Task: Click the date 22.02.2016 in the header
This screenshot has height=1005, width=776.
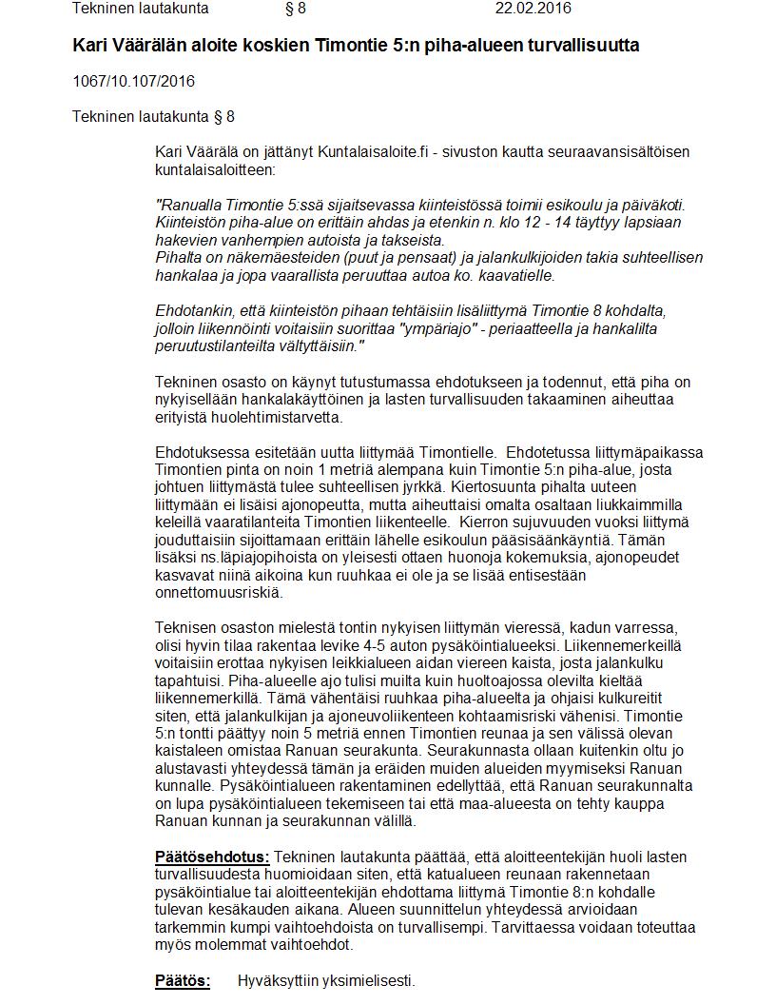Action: tap(533, 10)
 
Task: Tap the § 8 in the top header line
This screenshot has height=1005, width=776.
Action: tap(296, 10)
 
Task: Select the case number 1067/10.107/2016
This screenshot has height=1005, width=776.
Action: tap(133, 81)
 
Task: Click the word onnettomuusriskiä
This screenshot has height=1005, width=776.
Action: tap(218, 593)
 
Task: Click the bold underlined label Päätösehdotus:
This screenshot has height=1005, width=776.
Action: tap(212, 857)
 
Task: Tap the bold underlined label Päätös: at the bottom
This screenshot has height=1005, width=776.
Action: tap(183, 981)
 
